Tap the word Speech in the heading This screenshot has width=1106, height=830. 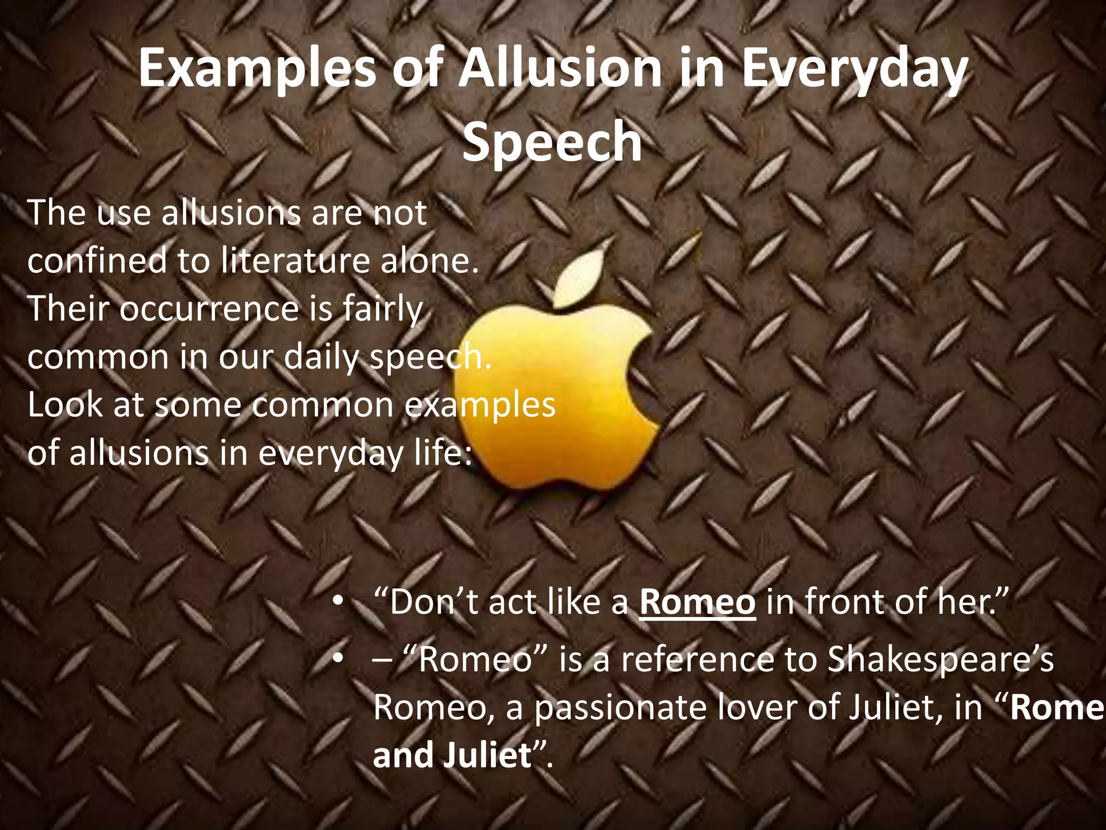click(x=552, y=142)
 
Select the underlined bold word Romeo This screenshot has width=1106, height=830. click(x=697, y=602)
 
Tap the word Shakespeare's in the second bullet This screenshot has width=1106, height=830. click(x=940, y=659)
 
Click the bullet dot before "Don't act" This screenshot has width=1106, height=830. click(x=338, y=601)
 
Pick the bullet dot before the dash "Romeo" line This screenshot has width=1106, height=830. click(x=338, y=659)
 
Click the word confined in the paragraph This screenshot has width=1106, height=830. click(x=97, y=261)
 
